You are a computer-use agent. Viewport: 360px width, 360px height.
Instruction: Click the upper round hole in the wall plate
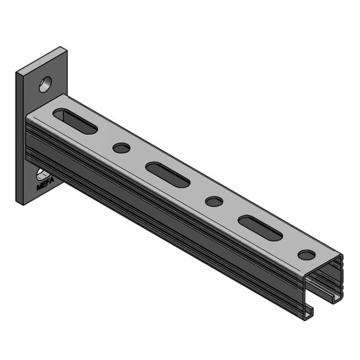point(47,82)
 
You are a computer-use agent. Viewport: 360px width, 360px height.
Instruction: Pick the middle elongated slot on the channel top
point(167,174)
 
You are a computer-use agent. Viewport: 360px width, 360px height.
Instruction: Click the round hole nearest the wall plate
point(121,148)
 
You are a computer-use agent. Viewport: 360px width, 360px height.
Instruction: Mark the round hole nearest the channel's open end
point(305,255)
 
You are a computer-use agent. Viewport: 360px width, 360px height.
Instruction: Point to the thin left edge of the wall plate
point(17,135)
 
